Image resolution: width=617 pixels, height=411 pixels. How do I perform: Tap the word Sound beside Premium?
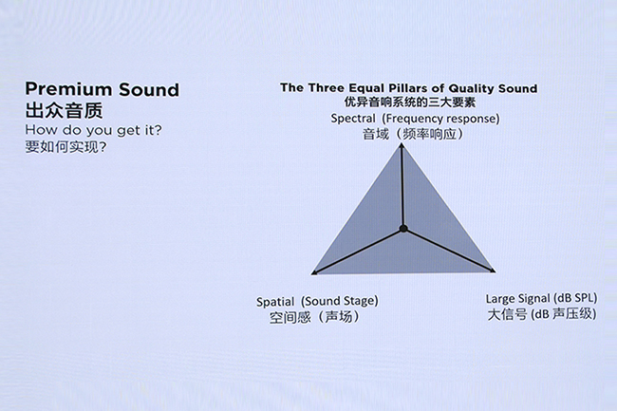[x=149, y=89]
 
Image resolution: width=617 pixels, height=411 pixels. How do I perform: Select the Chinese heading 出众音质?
[x=65, y=110]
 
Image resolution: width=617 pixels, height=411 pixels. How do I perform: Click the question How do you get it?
[x=93, y=130]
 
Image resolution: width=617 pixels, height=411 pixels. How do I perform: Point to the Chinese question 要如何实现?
[x=65, y=147]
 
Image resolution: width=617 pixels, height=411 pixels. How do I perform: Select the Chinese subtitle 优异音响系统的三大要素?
[x=410, y=103]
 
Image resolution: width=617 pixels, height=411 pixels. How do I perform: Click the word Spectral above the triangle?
[x=353, y=119]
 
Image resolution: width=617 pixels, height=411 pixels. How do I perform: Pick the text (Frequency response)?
[x=440, y=119]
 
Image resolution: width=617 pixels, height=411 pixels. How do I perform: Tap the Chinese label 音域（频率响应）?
[x=412, y=134]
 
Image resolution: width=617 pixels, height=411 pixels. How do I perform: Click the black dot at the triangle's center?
[x=403, y=229]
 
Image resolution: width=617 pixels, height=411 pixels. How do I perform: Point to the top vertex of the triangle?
[x=402, y=144]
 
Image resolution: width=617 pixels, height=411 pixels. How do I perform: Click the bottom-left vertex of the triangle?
[x=313, y=273]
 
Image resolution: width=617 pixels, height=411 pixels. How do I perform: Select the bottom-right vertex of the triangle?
[x=494, y=271]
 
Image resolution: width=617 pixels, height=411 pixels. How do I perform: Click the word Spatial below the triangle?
[x=275, y=302]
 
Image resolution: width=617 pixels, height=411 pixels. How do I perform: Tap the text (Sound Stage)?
[x=340, y=301]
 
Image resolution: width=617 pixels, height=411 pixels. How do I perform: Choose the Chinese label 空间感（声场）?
[x=314, y=317]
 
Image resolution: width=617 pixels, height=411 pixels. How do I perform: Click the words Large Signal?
[x=518, y=299]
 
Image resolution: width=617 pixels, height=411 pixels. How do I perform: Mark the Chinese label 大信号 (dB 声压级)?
[x=542, y=314]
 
